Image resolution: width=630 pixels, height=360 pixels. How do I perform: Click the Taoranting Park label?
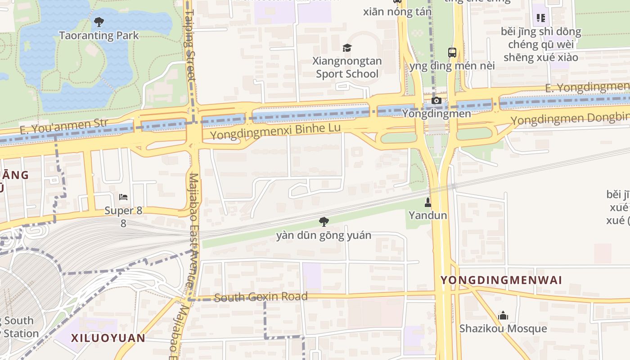99,36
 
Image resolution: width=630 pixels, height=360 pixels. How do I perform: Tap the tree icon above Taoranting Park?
99,21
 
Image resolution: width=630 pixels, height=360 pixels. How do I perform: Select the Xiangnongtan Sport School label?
347,67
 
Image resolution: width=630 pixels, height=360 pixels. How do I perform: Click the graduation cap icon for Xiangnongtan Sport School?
347,48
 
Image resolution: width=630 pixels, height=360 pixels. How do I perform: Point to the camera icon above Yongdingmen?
436,100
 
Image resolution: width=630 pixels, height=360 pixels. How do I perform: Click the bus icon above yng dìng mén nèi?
452,52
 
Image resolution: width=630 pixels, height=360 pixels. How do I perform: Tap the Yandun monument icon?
428,202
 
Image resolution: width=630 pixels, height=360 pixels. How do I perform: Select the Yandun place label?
428,215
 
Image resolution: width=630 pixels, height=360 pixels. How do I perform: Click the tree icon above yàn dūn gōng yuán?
324,221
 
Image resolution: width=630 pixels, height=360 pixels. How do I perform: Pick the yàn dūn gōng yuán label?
324,235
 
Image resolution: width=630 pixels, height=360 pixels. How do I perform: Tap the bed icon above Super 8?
123,197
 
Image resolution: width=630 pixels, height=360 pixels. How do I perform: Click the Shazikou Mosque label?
503,328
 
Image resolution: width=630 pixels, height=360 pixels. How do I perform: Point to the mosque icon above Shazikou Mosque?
503,315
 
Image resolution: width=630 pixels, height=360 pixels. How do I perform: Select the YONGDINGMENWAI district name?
501,280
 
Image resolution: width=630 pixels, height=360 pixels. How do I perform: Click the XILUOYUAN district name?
108,338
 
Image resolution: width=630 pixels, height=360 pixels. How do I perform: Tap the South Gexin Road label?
261,297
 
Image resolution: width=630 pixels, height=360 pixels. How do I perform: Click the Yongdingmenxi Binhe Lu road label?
275,131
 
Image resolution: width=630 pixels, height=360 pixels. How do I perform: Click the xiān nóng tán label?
397,12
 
